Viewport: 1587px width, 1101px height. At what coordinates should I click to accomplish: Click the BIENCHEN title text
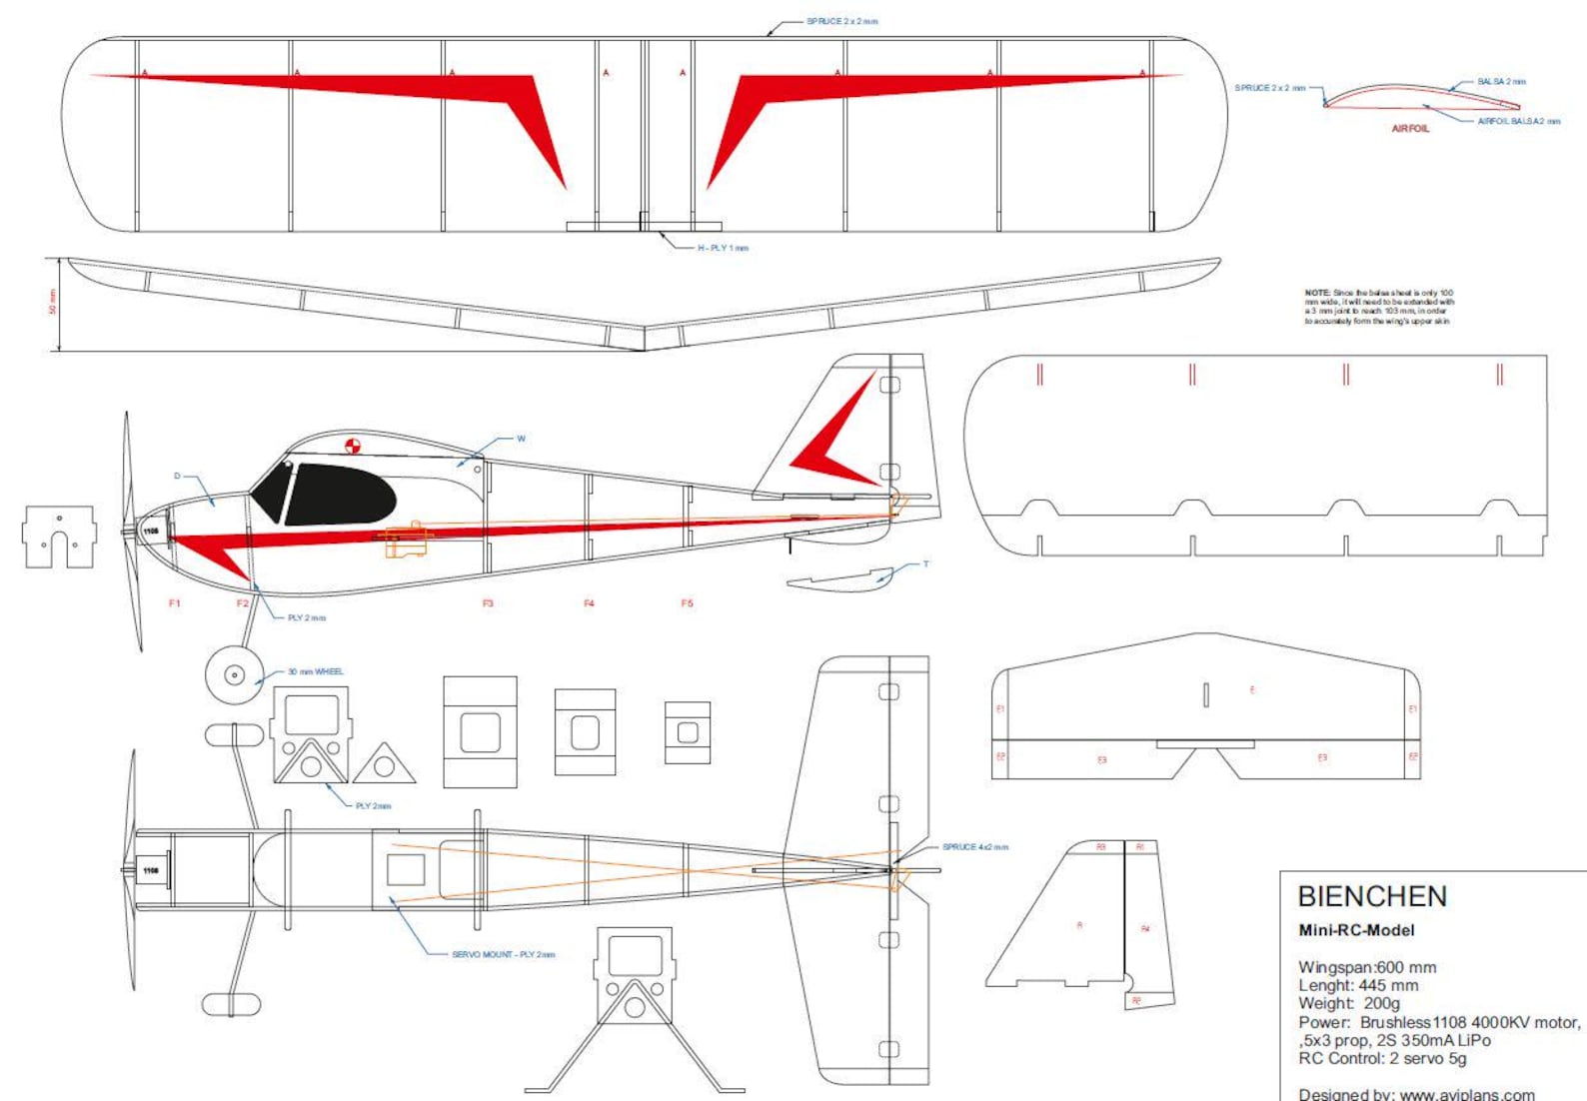(x=1371, y=896)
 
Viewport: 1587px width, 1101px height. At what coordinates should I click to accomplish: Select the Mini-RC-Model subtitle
(x=1356, y=930)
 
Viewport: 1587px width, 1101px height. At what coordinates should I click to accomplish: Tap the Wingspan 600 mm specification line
(x=1366, y=967)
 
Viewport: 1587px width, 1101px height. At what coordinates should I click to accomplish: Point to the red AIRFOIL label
(x=1410, y=129)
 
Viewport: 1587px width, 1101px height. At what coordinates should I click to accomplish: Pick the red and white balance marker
(x=352, y=447)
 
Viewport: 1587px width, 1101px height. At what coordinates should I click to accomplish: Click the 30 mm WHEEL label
(x=315, y=671)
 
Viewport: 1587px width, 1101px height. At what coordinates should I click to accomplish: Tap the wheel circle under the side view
(x=234, y=675)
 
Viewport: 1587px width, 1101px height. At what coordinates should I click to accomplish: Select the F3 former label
(x=488, y=603)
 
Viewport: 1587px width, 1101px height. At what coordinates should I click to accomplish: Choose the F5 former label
(x=687, y=603)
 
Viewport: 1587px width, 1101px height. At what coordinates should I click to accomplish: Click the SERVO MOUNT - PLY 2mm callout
(x=503, y=955)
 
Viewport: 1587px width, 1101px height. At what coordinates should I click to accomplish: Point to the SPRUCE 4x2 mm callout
(x=974, y=847)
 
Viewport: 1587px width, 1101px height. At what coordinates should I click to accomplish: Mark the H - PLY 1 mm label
(x=723, y=248)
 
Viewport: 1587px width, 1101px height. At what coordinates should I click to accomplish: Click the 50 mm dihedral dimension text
(x=53, y=302)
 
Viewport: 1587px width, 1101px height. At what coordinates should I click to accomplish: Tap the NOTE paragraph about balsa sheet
(x=1378, y=307)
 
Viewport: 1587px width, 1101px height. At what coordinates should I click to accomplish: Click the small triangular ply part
(x=384, y=764)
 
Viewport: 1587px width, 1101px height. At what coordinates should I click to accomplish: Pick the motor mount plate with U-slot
(x=59, y=537)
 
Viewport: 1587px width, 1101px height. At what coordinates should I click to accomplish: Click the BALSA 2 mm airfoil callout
(x=1501, y=82)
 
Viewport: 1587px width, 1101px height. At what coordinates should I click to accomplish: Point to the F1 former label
(x=175, y=603)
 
